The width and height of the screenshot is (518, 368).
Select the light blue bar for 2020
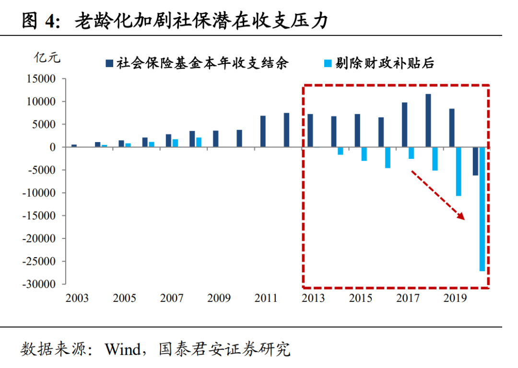482,209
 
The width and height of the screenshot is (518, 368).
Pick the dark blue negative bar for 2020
475,161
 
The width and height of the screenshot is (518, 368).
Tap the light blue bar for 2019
459,171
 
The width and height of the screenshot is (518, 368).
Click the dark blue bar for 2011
263,131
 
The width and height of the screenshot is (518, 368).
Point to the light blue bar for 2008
199,142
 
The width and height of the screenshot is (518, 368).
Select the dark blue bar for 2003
74,145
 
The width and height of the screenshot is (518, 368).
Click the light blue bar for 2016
388,157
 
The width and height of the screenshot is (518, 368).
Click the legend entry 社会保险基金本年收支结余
201,63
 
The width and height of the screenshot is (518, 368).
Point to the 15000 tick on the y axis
41,79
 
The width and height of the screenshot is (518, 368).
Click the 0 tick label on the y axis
52,147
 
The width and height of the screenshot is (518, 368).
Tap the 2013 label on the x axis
313,298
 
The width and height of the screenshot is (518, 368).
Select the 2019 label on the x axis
455,298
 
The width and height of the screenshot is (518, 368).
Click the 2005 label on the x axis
125,298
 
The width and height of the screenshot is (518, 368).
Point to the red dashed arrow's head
462,217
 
